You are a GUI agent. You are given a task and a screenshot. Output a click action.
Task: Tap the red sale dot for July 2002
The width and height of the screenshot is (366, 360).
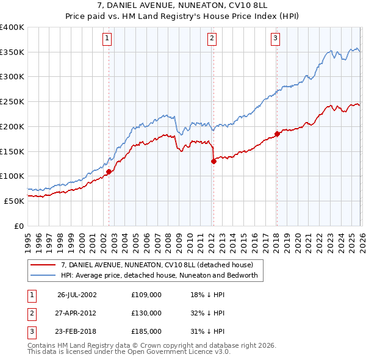tap(109, 172)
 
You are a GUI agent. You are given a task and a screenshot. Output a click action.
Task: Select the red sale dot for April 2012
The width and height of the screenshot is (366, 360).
tap(213, 162)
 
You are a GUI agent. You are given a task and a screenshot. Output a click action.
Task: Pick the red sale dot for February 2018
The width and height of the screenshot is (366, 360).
tap(277, 134)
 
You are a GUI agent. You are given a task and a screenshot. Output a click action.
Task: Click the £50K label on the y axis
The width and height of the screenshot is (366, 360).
tap(14, 201)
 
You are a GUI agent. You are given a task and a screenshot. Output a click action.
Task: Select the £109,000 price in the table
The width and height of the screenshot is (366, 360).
tap(146, 294)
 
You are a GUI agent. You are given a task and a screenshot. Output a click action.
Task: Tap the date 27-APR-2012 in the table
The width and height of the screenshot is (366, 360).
tap(77, 312)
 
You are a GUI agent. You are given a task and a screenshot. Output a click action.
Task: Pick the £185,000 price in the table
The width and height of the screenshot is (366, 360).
tap(146, 331)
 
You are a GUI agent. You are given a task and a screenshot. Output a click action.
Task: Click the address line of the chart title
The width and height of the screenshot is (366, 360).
tap(183, 6)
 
